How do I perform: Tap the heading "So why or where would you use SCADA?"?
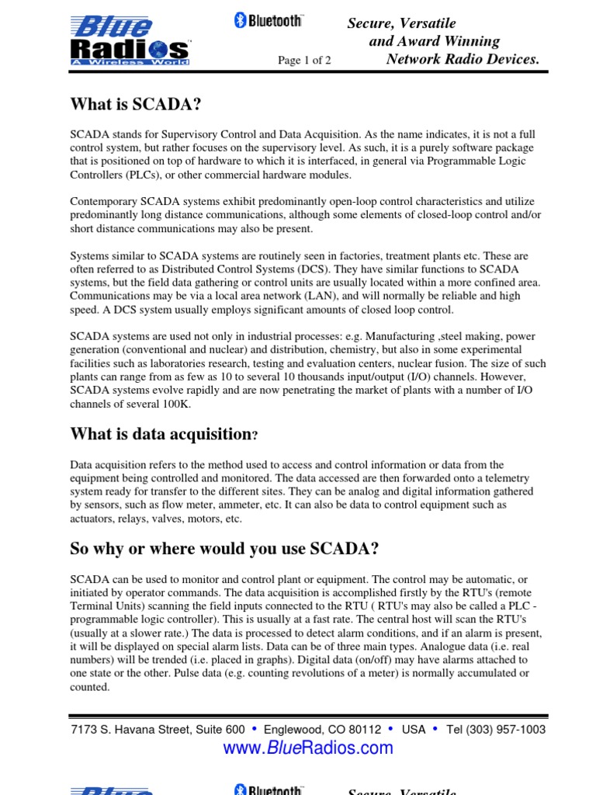(224, 550)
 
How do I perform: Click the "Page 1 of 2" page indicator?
(304, 61)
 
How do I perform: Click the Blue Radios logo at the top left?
(130, 41)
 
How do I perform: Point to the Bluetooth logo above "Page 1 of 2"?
(269, 22)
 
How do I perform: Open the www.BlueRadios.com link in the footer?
(308, 748)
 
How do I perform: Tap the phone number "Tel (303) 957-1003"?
(496, 730)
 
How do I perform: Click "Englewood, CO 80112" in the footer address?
(323, 730)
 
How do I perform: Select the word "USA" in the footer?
(414, 730)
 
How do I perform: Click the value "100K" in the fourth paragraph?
(176, 404)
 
